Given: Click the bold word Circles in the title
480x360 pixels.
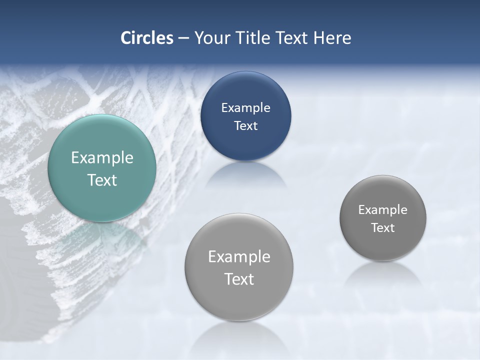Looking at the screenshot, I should tap(147, 38).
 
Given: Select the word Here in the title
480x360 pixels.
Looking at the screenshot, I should tap(332, 38).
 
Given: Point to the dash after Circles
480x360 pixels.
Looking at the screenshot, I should tap(183, 38).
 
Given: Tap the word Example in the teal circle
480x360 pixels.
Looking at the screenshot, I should tap(102, 158).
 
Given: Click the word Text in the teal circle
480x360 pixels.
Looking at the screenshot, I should tap(102, 180).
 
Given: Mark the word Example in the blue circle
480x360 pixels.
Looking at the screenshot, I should tap(245, 108).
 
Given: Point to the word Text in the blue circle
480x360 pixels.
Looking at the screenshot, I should tap(245, 126).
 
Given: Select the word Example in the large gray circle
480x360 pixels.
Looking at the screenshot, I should tap(239, 257).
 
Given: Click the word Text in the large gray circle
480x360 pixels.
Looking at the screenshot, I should tap(239, 279).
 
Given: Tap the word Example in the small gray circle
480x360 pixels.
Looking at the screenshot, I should tap(383, 210).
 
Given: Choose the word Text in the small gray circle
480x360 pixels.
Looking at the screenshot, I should tap(383, 228).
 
